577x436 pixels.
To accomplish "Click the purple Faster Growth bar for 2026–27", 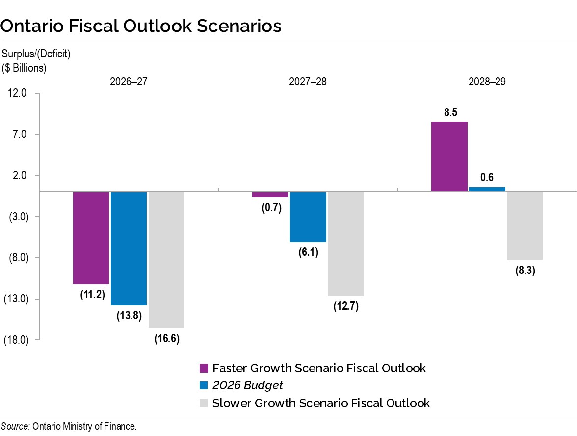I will pos(91,238).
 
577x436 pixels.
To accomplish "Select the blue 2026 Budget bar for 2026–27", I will pos(129,248).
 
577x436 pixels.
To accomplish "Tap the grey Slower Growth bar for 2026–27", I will pos(166,260).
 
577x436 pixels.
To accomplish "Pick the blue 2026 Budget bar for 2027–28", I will pos(308,217).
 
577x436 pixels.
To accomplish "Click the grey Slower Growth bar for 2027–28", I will pos(345,244).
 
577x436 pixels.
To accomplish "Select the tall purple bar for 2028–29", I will pos(449,157).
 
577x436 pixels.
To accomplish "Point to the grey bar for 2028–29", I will pos(525,226).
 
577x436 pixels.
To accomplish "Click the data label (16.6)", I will pos(166,339).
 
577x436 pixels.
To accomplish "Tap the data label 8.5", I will pos(450,112).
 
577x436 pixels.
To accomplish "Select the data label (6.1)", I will pos(308,253).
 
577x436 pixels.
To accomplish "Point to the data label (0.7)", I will pos(270,208).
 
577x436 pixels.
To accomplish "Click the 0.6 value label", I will pos(487,178).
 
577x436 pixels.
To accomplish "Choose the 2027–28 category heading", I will pos(308,82).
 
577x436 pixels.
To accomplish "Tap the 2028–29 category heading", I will pos(487,82).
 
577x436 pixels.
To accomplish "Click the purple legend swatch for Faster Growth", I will pos(204,368).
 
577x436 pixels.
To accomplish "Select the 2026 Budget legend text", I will pos(248,385).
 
